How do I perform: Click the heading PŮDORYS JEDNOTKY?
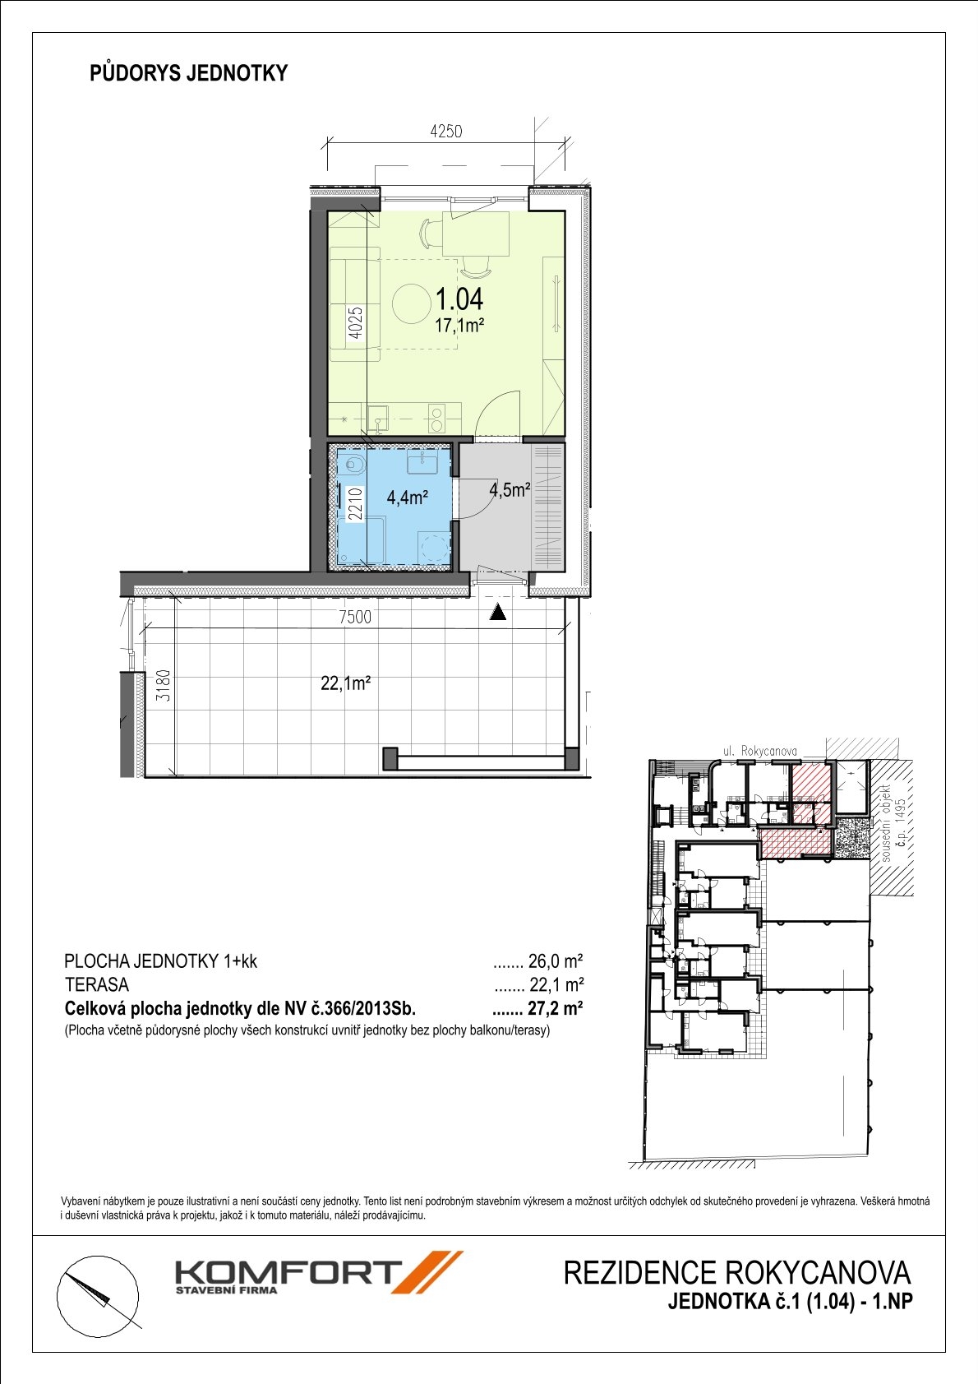[x=189, y=73]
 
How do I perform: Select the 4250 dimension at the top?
[x=445, y=131]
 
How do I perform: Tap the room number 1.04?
[x=459, y=299]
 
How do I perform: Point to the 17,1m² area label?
[x=459, y=326]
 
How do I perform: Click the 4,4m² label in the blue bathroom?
[x=408, y=498]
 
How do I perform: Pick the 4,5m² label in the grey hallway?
[x=510, y=491]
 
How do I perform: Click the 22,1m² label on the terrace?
[x=346, y=683]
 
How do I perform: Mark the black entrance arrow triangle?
[x=498, y=613]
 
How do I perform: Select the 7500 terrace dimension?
[x=355, y=617]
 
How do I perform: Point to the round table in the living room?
[x=413, y=303]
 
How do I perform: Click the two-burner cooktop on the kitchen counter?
[x=438, y=419]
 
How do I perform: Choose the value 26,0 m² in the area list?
[x=556, y=961]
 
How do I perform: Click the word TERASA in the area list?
[x=97, y=984]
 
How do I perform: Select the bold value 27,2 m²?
[x=556, y=1008]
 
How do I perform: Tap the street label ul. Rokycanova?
[x=759, y=752]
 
